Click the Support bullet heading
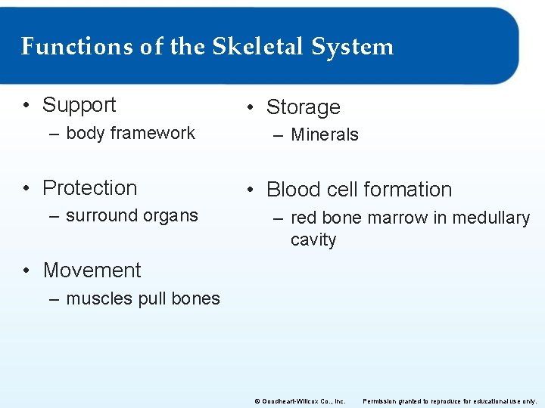click(79, 105)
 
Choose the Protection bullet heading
click(90, 187)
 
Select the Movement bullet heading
click(92, 270)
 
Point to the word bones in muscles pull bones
click(196, 298)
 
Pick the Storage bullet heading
click(303, 107)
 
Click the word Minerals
click(325, 135)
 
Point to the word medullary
click(491, 218)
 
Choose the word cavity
click(313, 240)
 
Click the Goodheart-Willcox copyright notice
click(300, 401)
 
